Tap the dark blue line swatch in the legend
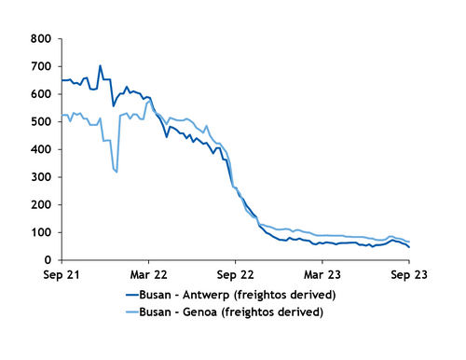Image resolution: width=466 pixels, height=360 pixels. click(137, 295)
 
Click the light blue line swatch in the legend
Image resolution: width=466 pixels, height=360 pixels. click(137, 312)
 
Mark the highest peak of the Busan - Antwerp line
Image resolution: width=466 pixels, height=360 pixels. click(100, 66)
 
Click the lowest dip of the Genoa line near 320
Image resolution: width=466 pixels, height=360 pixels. click(116, 172)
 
